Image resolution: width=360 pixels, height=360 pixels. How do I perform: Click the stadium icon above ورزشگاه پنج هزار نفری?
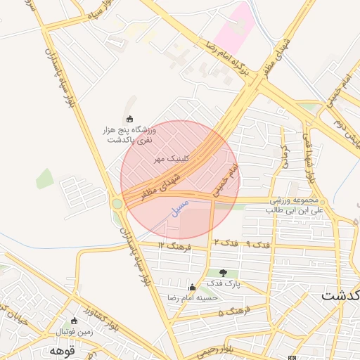129,118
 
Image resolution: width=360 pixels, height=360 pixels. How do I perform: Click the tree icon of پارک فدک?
224,273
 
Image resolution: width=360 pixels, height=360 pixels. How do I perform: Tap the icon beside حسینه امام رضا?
192,287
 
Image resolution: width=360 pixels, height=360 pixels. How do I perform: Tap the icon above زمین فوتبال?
74,321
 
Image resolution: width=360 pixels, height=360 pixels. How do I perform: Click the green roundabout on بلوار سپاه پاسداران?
117,204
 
